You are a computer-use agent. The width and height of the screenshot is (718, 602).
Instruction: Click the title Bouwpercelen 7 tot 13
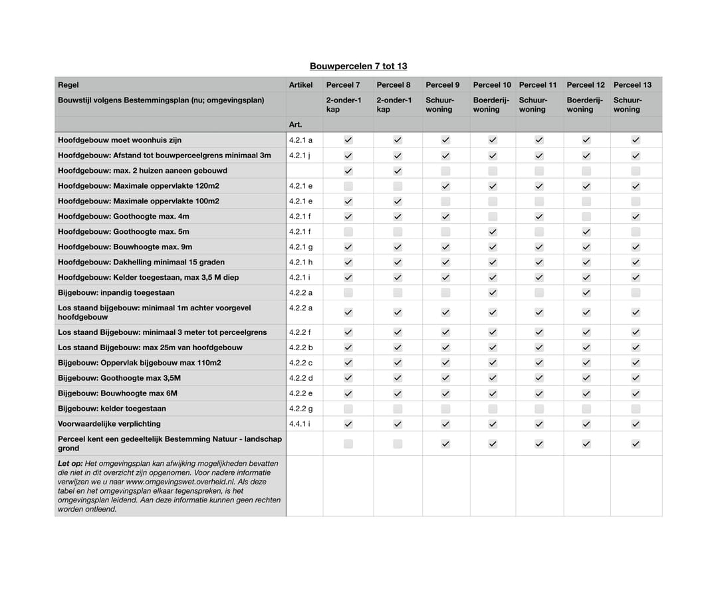(358, 66)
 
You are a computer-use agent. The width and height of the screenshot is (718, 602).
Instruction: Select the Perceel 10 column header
(492, 85)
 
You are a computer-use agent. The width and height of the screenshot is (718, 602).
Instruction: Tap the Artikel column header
(300, 85)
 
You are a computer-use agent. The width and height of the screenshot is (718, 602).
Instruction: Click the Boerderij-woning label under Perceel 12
(586, 105)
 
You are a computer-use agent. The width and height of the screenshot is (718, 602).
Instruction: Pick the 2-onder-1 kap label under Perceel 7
(344, 105)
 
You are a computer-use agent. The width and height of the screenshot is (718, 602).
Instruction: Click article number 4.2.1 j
(300, 155)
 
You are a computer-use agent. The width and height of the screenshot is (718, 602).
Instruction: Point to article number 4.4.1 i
(300, 424)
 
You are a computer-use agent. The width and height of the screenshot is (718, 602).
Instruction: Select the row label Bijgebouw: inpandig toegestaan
(116, 292)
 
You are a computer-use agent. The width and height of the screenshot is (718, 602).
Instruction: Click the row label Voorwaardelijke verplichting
(109, 424)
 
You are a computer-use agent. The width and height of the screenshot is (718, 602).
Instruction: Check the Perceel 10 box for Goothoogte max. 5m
(493, 232)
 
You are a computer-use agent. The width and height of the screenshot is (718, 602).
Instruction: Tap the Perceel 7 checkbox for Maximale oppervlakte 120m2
(348, 186)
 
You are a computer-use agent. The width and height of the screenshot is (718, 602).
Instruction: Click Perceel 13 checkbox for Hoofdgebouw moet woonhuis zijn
(636, 140)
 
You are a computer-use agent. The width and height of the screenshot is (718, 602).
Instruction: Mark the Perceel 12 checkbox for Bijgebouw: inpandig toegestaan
(586, 292)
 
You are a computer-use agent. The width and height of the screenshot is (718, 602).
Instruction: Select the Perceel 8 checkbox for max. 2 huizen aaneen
(398, 171)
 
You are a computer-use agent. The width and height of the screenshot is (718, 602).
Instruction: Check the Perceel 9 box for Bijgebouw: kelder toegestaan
(445, 409)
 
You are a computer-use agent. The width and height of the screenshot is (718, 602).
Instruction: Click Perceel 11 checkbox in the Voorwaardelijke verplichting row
(539, 424)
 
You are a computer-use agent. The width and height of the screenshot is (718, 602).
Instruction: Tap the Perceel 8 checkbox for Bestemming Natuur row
(398, 444)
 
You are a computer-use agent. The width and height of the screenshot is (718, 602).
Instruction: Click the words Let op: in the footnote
(70, 463)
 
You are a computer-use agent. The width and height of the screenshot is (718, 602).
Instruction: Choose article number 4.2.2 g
(300, 409)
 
